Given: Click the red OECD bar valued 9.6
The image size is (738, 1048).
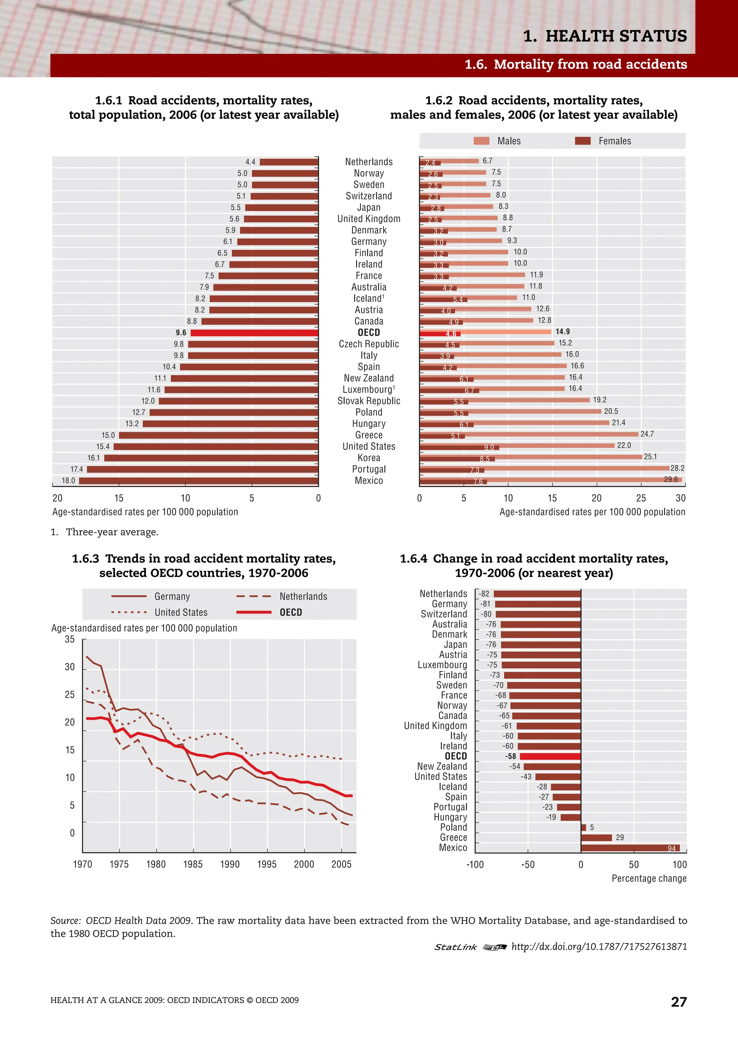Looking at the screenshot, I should (x=254, y=333).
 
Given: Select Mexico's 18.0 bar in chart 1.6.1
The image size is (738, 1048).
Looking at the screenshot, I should (x=198, y=481).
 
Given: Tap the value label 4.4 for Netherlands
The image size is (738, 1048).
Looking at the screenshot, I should (x=250, y=162).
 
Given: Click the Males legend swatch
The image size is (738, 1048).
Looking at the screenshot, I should (x=481, y=141).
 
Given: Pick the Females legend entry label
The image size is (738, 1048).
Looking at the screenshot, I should (x=615, y=141).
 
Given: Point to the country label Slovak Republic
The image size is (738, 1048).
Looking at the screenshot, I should (x=369, y=401).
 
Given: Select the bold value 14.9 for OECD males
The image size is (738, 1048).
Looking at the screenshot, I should (x=562, y=332).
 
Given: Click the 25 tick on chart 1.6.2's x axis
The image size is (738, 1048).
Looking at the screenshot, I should (x=641, y=498).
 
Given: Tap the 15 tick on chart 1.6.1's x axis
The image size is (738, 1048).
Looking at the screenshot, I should (x=119, y=498).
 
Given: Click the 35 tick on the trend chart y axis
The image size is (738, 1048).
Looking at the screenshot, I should (x=70, y=639).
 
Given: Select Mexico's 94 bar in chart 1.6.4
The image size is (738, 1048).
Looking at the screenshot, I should (x=630, y=848).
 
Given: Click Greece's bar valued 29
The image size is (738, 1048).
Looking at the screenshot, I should (x=596, y=838).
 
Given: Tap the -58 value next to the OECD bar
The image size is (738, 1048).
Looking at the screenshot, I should (x=510, y=756).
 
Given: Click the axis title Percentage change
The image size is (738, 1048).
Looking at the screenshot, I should (x=649, y=878).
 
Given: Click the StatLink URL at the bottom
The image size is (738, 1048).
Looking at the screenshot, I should (x=599, y=947).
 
